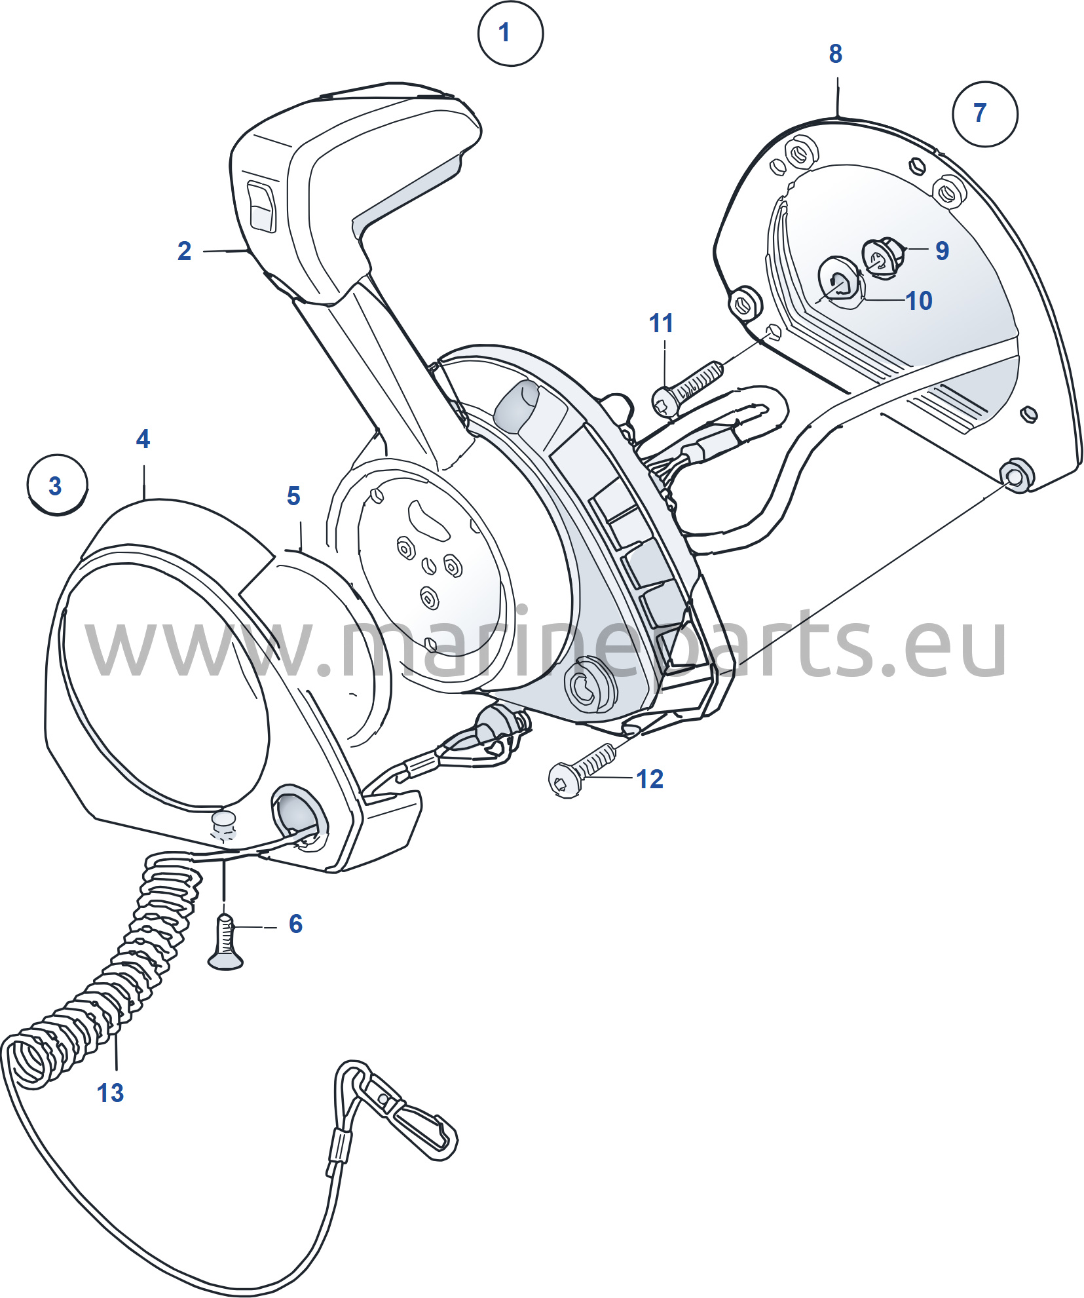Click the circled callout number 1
coord(510,33)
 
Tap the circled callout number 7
coord(984,113)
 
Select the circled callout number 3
coord(57,486)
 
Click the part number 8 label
coord(835,54)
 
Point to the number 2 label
coord(185,251)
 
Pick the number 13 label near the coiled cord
coord(110,1093)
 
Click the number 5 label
coord(293,496)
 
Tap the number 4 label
coord(143,439)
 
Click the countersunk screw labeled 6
coord(225,943)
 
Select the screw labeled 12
coord(582,771)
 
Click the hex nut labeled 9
coord(882,257)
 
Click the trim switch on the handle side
coord(261,207)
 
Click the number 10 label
coord(918,301)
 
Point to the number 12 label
coord(650,779)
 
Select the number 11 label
coord(661,323)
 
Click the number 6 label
coord(295,924)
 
